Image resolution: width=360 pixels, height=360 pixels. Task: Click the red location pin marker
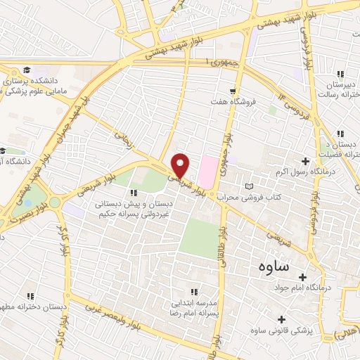(181, 165)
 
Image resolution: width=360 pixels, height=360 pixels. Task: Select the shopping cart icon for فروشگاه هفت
(232, 91)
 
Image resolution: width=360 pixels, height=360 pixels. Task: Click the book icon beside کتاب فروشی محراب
(247, 186)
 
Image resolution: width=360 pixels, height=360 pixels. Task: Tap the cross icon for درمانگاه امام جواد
(303, 276)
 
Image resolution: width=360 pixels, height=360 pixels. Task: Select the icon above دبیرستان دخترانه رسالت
(341, 74)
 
